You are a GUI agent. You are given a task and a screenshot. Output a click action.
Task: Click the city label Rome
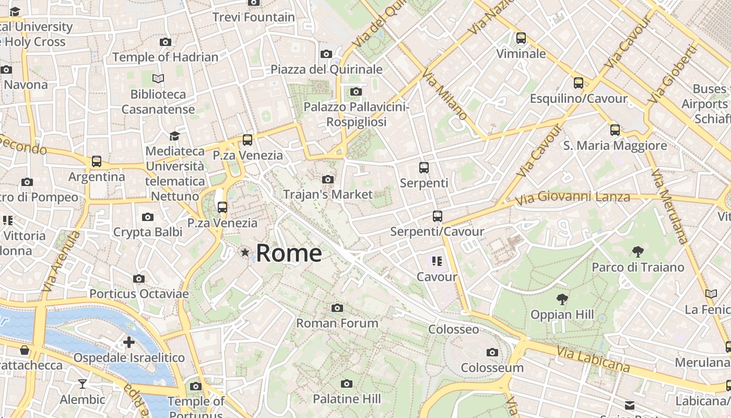[289, 253]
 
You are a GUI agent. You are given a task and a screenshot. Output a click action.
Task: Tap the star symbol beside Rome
[245, 253]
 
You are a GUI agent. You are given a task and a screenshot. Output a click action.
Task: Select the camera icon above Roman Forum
[337, 308]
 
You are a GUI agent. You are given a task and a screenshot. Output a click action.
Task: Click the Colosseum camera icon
[492, 352]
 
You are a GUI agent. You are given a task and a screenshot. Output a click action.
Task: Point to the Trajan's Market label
[328, 194]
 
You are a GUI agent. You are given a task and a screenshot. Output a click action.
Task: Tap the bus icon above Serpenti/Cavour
[438, 216]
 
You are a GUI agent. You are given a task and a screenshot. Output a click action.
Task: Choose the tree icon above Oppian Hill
[562, 299]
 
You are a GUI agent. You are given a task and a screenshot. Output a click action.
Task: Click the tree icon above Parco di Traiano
[638, 252]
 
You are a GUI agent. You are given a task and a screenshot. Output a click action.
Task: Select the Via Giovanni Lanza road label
[572, 198]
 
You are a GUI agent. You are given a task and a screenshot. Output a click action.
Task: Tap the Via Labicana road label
[593, 359]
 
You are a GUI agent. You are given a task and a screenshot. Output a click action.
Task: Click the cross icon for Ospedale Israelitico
[129, 343]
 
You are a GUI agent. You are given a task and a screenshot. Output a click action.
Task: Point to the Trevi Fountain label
[254, 17]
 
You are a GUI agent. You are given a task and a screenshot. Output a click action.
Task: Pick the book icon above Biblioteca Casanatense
[158, 78]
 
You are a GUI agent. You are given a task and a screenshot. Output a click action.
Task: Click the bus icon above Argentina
[97, 161]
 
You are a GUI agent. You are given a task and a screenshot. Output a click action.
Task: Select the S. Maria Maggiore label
[615, 146]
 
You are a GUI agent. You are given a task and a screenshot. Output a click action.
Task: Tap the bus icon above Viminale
[521, 38]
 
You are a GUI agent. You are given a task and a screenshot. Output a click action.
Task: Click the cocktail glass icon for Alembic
[82, 385]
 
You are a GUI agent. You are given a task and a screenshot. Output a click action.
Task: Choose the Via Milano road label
[444, 94]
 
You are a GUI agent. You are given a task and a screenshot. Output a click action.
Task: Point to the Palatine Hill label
[347, 399]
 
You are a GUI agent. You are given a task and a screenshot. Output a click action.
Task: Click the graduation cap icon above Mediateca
[174, 136]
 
